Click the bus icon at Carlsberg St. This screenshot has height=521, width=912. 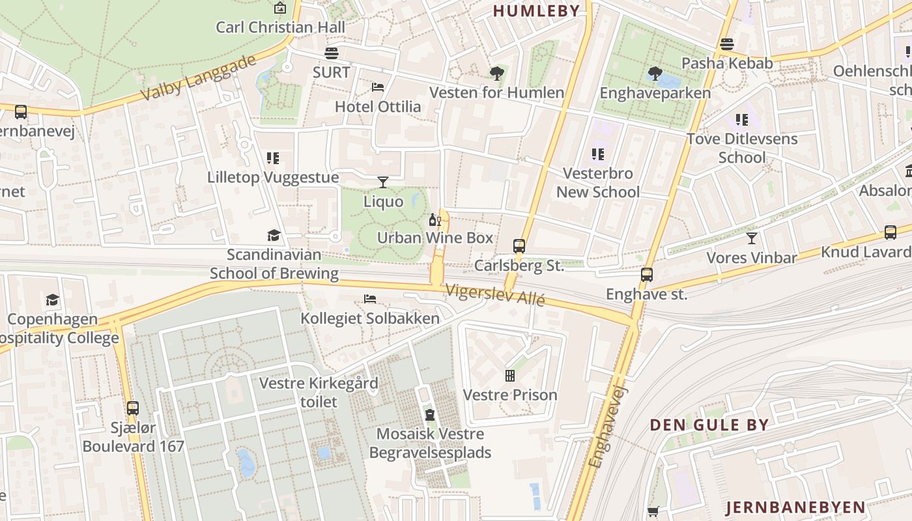(519, 246)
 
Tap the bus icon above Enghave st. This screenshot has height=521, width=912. (646, 275)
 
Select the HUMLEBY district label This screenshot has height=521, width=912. (536, 10)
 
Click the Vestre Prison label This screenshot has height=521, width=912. (510, 395)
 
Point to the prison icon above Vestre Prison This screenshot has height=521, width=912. (510, 376)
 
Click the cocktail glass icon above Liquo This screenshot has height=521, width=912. (383, 182)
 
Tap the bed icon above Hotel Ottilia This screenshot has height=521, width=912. (378, 87)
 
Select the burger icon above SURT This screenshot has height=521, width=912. (332, 53)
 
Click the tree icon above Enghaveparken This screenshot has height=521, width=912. (655, 74)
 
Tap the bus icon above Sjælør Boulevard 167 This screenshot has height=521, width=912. (133, 408)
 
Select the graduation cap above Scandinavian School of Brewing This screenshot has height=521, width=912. (274, 235)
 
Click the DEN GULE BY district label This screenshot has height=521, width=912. (709, 425)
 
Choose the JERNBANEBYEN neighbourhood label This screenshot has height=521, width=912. (795, 507)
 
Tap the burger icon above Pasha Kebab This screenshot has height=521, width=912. (727, 44)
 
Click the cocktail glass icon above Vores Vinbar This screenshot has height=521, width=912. (752, 238)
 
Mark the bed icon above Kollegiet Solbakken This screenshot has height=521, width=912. (370, 299)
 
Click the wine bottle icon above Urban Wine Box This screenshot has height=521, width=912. (435, 219)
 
